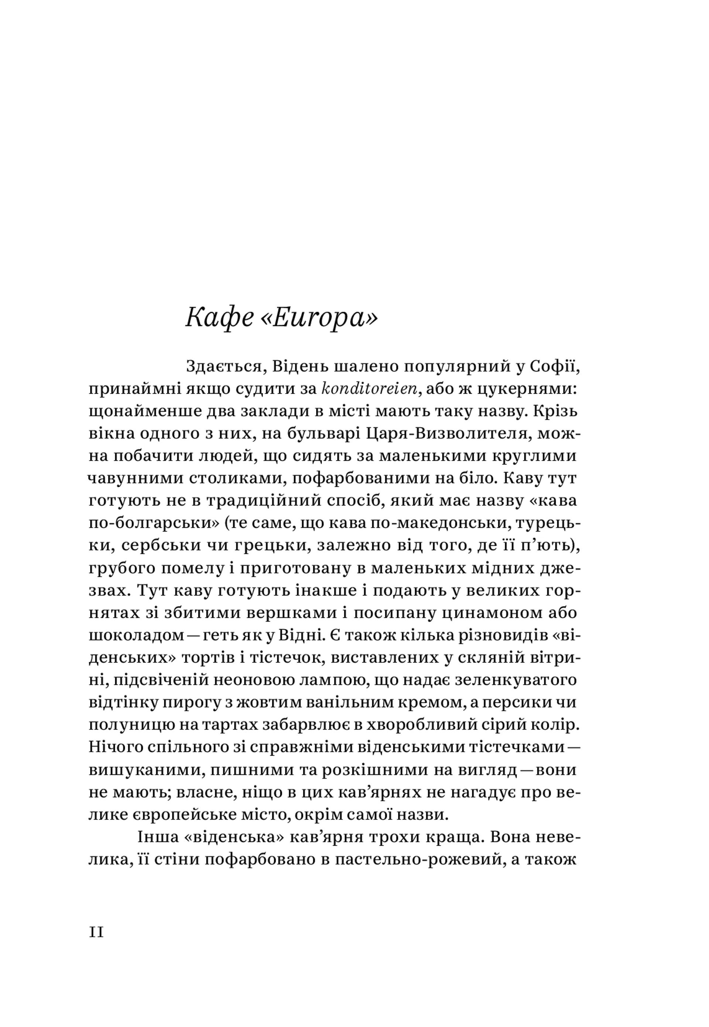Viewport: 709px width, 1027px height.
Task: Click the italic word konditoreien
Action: pyautogui.click(x=369, y=389)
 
